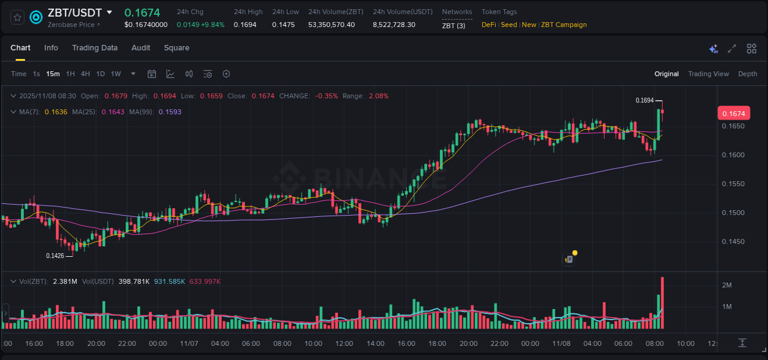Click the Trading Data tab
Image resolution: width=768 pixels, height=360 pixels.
tap(95, 48)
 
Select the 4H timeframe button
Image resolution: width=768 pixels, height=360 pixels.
tap(85, 74)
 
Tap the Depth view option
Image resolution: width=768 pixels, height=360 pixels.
tap(747, 74)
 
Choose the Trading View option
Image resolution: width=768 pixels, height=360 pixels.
tap(708, 74)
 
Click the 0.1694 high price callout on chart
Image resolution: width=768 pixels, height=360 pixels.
tap(645, 100)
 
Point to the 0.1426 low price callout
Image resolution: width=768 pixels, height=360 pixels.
tap(55, 256)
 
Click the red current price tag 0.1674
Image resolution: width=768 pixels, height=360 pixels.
tap(733, 114)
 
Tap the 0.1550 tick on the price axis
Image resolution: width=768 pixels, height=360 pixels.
tap(732, 184)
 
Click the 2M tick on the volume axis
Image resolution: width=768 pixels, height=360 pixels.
tap(727, 285)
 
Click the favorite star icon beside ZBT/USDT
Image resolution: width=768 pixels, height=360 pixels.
tap(17, 17)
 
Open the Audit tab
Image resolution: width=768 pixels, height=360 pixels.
tap(141, 48)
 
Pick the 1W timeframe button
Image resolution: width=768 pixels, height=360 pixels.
tap(116, 74)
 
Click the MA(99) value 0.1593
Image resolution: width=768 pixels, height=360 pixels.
tap(170, 112)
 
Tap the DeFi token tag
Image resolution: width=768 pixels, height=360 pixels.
tap(488, 25)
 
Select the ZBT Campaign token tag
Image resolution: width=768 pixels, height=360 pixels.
tap(563, 25)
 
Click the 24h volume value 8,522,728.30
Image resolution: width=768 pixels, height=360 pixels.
tap(394, 25)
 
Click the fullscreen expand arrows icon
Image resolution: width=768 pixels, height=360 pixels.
tap(732, 49)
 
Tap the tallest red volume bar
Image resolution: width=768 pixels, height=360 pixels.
tap(662, 304)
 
